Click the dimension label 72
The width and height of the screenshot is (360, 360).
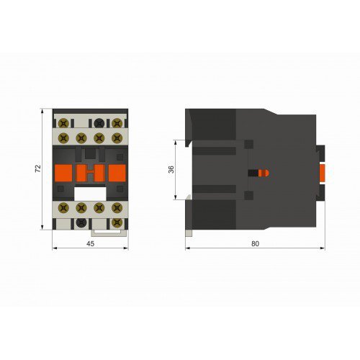(38, 168)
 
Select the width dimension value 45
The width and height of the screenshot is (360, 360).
(90, 244)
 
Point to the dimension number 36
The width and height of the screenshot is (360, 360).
(171, 169)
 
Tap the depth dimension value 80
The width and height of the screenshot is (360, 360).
(255, 244)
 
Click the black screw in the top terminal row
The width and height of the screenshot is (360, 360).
(99, 123)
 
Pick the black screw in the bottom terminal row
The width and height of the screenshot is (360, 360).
(81, 222)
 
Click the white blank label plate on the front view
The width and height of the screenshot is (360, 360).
(90, 194)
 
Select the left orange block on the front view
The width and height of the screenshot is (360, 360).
(63, 173)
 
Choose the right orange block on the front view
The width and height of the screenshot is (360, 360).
(117, 173)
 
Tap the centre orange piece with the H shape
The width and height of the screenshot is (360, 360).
(90, 173)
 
